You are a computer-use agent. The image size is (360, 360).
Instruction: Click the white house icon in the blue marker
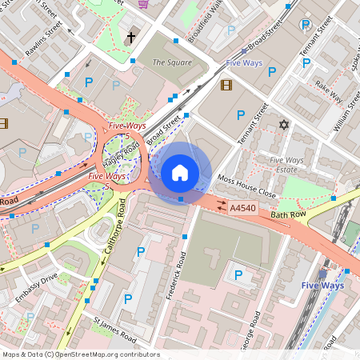(x=180, y=172)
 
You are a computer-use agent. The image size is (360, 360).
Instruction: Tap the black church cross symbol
(x=132, y=38)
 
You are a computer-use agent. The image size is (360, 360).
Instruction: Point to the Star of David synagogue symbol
(x=282, y=125)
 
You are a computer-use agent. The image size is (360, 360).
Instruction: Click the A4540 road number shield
(x=242, y=208)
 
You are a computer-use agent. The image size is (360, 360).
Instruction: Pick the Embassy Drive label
(x=34, y=290)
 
